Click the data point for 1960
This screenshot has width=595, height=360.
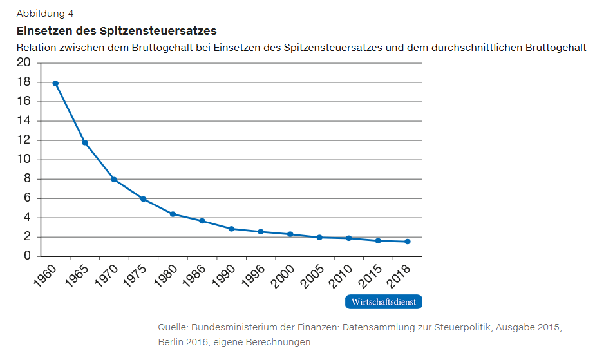tap(55, 83)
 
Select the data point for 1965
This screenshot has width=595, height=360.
tap(84, 142)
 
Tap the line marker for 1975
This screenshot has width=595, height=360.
tap(143, 199)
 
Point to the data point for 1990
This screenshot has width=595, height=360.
tap(231, 229)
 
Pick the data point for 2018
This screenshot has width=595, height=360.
tap(408, 242)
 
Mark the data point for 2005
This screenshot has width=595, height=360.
tap(319, 237)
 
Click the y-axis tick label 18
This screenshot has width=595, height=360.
tap(24, 82)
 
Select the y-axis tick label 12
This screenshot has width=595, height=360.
tap(24, 140)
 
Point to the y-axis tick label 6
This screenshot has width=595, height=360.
tap(27, 198)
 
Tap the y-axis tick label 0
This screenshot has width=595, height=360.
tap(27, 256)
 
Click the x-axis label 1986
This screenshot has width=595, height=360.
tap(193, 275)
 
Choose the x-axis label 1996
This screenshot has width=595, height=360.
tap(251, 275)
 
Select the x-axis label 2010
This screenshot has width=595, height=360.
tap(339, 275)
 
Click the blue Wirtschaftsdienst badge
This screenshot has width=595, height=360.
tap(384, 302)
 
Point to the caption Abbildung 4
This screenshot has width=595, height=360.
tap(45, 14)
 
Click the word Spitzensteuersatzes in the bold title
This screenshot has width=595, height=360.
tap(158, 30)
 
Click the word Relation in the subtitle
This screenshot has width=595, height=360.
tap(37, 48)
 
